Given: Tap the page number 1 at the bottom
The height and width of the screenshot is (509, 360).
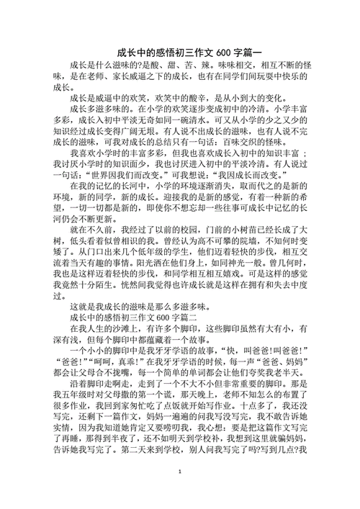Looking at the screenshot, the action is [x=180, y=492].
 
